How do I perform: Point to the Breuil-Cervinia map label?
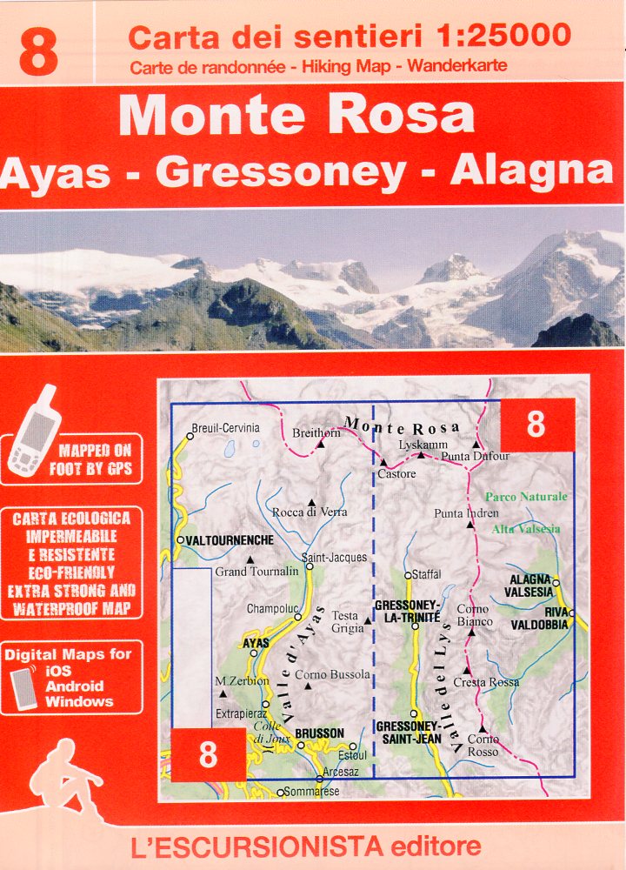pos(226,428)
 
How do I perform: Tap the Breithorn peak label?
pos(316,432)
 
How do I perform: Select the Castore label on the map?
pos(396,474)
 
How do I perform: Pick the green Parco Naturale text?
pos(525,497)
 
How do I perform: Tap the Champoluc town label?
pos(271,609)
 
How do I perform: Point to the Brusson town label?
pos(319,733)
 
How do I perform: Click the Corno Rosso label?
pos(483,745)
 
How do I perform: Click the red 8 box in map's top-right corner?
pos(536,425)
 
